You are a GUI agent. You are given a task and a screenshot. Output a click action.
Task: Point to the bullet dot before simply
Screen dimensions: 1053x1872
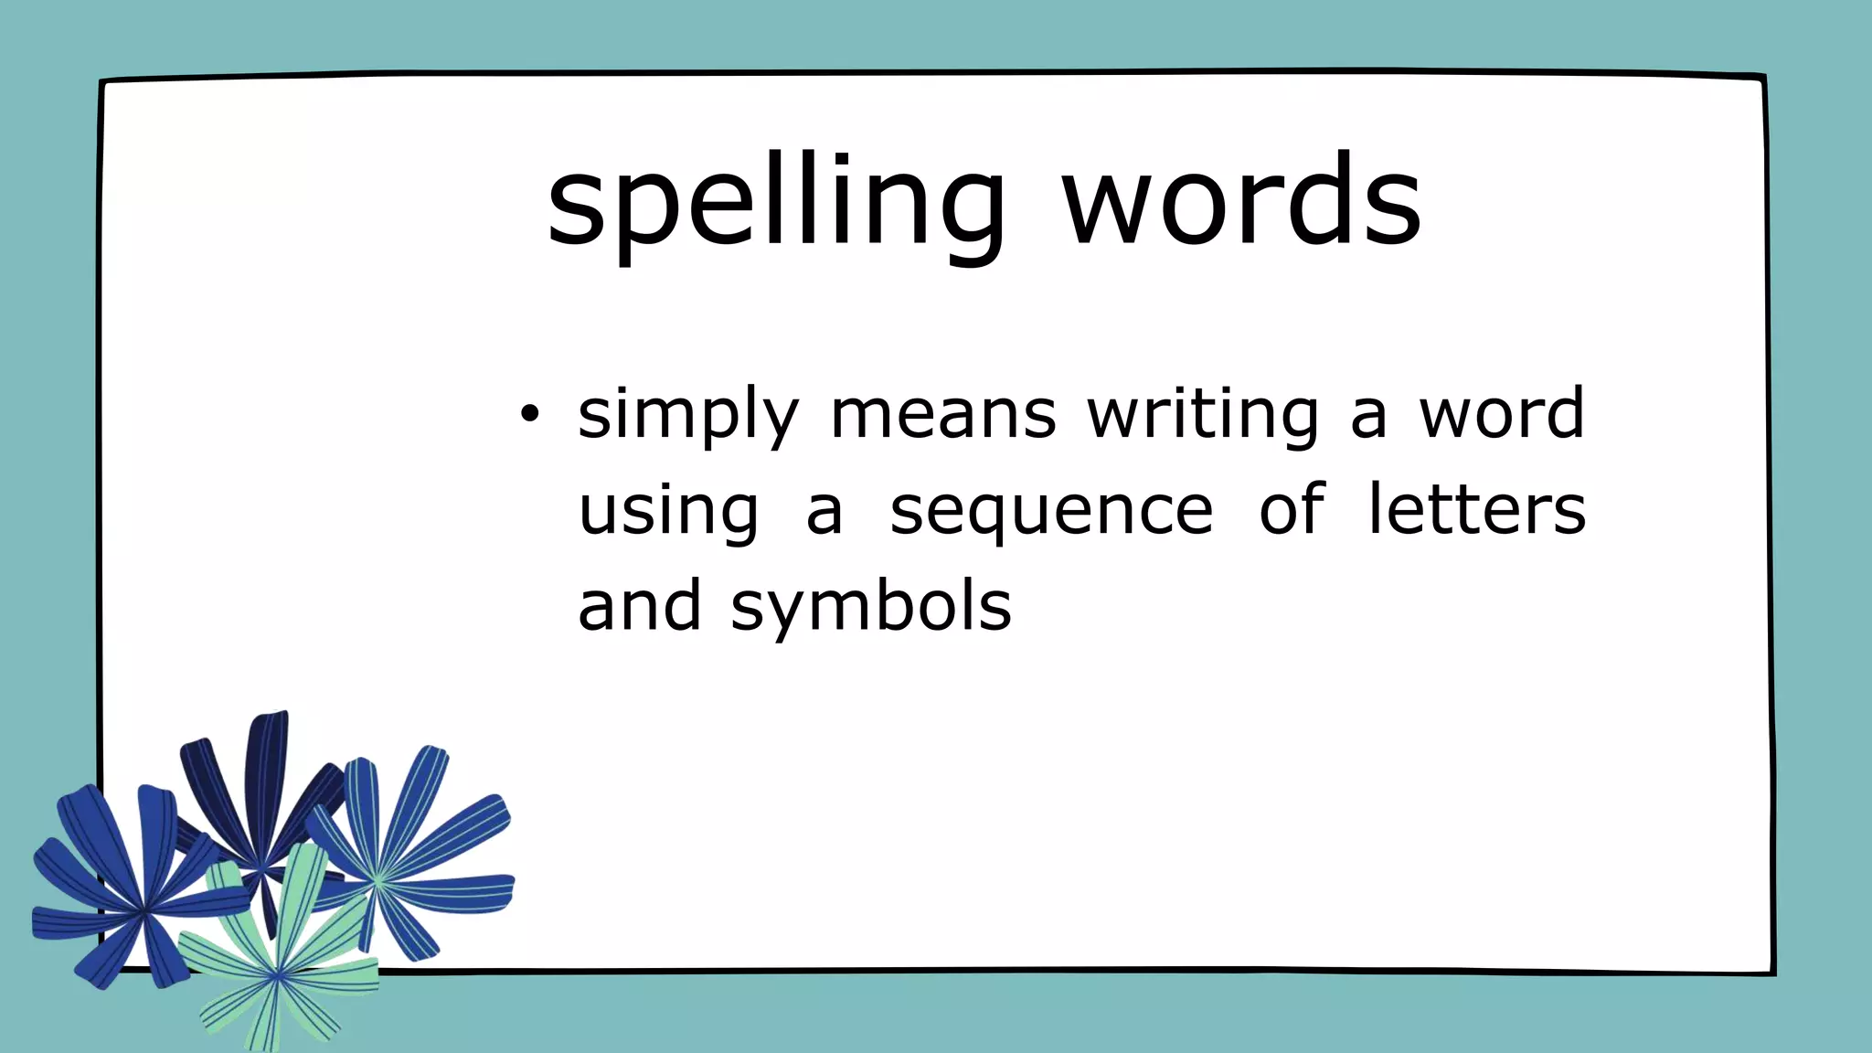coord(529,415)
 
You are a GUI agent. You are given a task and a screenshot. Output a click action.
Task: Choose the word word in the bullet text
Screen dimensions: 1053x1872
coord(1501,413)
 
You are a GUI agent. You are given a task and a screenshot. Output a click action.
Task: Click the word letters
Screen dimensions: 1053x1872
coord(1476,510)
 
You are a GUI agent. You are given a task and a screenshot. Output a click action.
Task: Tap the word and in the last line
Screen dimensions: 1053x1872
coord(640,606)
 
